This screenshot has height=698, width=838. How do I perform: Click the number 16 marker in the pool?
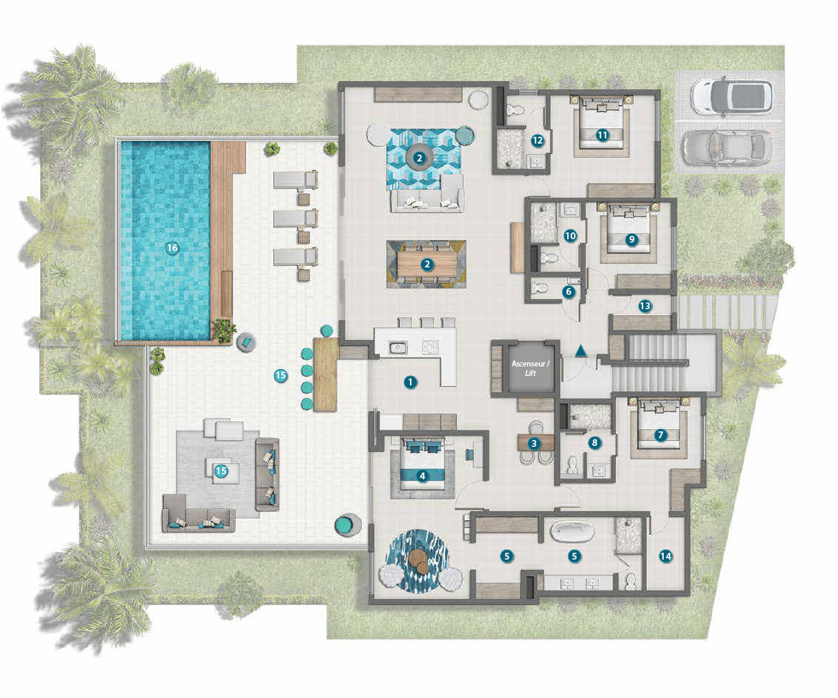pos(172,248)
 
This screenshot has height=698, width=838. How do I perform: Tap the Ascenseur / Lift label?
pos(530,368)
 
